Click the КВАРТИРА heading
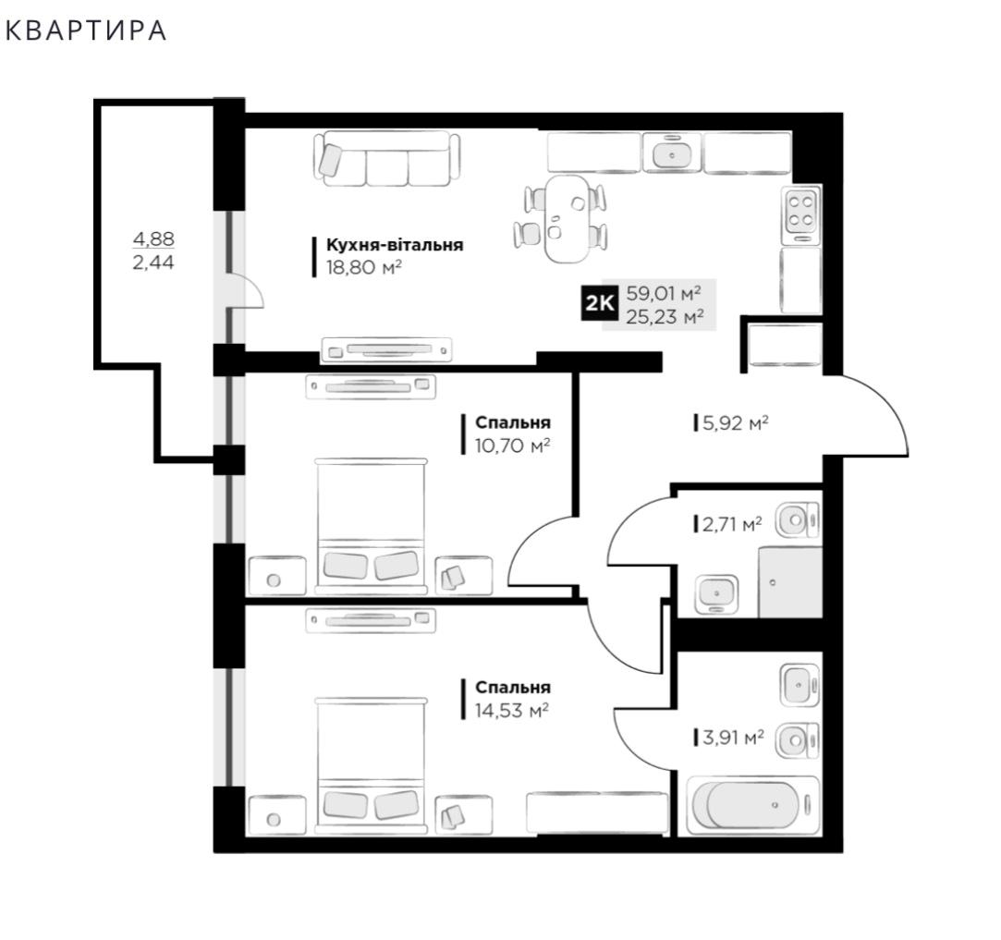(x=86, y=31)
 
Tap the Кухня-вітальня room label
(x=395, y=245)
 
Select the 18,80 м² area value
(x=364, y=267)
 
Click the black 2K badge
(x=600, y=304)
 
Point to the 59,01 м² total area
(x=664, y=293)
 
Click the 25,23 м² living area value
(x=665, y=316)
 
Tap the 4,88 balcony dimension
(x=153, y=238)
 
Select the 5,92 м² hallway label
(x=735, y=422)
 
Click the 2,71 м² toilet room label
(x=732, y=524)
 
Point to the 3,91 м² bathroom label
(x=733, y=739)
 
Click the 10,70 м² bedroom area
(x=513, y=446)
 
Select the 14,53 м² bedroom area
(x=512, y=710)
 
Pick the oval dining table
(x=566, y=219)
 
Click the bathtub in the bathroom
(x=752, y=805)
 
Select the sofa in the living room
(x=387, y=158)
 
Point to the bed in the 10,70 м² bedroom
(x=371, y=526)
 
